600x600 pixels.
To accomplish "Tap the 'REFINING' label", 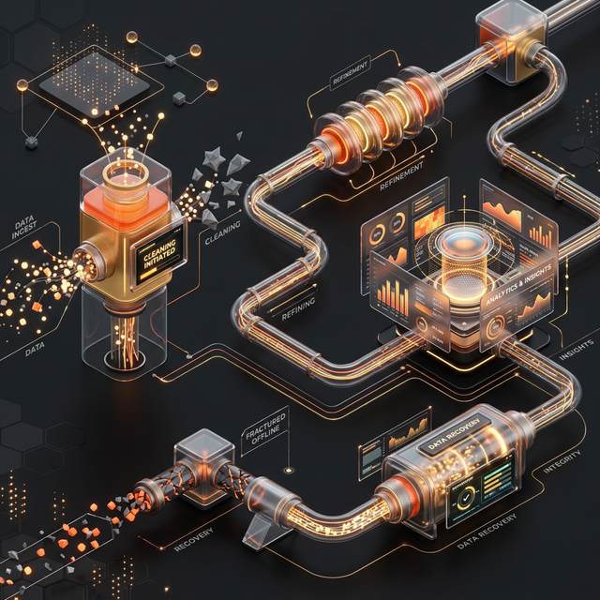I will click(x=298, y=307).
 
